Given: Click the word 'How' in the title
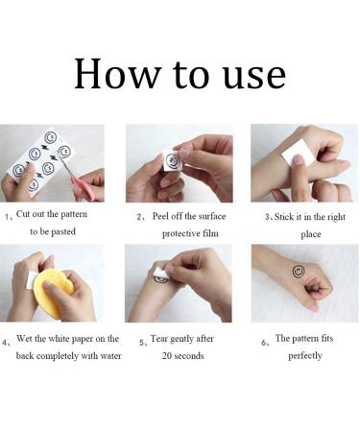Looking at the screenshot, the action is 117,73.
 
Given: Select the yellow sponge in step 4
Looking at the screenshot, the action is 53,292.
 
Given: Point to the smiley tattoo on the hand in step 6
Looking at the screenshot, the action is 299,271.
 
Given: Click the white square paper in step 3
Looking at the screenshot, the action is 295,152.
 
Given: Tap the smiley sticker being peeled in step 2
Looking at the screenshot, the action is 172,160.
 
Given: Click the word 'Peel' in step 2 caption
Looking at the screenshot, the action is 160,216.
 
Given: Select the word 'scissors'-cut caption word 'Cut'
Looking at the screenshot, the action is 23,214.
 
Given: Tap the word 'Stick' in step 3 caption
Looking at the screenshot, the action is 284,217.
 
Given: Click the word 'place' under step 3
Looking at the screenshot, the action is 311,234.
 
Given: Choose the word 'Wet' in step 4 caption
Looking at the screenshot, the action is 24,339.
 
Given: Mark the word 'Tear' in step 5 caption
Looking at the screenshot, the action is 158,339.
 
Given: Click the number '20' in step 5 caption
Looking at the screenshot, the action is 166,356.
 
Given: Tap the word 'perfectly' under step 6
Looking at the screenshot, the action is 305,356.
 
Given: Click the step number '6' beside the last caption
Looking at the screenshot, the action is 263,343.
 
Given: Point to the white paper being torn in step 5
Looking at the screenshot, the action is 160,275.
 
